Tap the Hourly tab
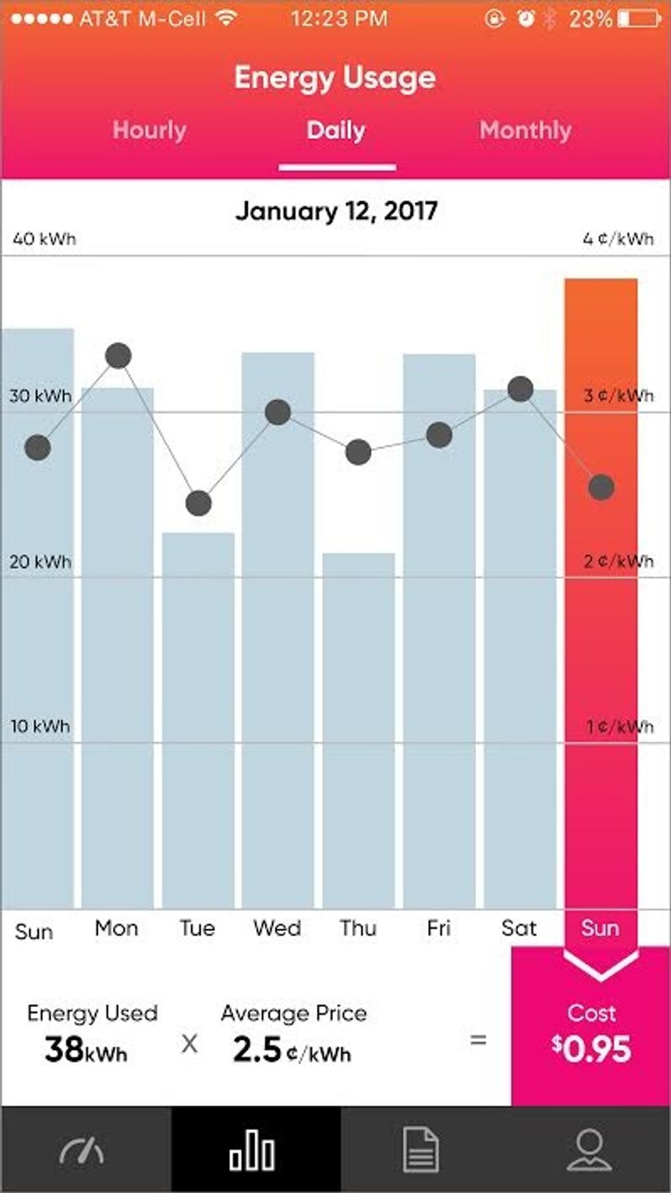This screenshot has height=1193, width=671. pyautogui.click(x=149, y=130)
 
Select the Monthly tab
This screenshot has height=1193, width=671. pyautogui.click(x=525, y=130)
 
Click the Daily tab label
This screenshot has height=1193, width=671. pyautogui.click(x=335, y=130)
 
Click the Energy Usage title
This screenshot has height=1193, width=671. pyautogui.click(x=335, y=77)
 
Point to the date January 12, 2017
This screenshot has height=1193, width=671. pyautogui.click(x=335, y=211)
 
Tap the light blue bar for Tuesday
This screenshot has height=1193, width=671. pyautogui.click(x=198, y=719)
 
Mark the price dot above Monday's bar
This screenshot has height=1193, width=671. pyautogui.click(x=118, y=356)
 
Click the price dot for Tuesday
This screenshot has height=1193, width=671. pyautogui.click(x=199, y=503)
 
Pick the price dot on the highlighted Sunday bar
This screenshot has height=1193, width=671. pyautogui.click(x=601, y=487)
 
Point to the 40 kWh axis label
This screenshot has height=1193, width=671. pyautogui.click(x=45, y=239)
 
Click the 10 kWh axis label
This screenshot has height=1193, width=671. pyautogui.click(x=40, y=726)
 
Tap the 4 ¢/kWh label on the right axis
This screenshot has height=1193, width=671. pyautogui.click(x=618, y=239)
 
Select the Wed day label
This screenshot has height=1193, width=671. pyautogui.click(x=277, y=928)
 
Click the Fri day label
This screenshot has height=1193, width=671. pyautogui.click(x=438, y=928)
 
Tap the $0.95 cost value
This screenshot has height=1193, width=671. pyautogui.click(x=592, y=1049)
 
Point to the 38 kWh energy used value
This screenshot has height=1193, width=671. pyautogui.click(x=86, y=1049)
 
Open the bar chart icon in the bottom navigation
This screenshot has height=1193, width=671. pyautogui.click(x=252, y=1150)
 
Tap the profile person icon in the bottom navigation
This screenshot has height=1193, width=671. pyautogui.click(x=589, y=1150)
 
